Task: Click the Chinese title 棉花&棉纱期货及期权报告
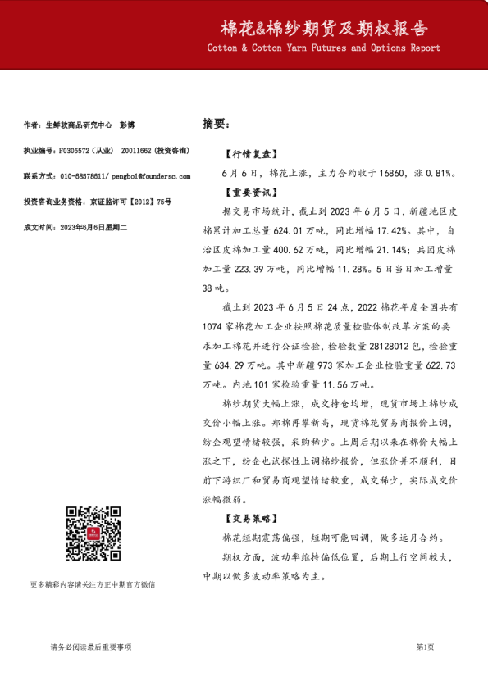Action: pos(324,29)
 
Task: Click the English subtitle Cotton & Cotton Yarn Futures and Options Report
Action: pos(324,48)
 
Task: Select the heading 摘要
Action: pos(214,125)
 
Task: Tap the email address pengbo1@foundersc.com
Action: pos(153,176)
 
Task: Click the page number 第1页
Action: pos(425,647)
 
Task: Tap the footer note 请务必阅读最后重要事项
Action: pos(90,647)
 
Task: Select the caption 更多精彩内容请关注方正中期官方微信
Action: pos(92,584)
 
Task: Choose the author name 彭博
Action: pos(127,125)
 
